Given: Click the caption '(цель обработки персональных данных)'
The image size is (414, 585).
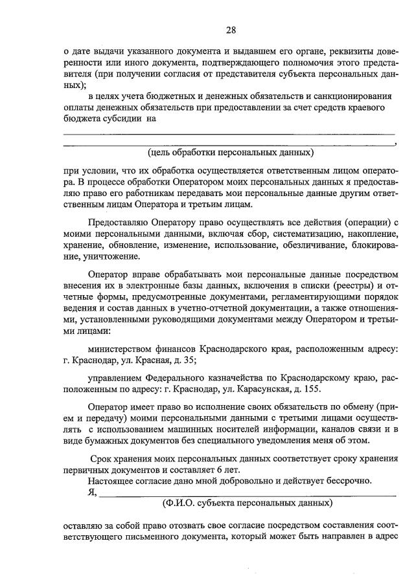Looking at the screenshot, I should click(x=231, y=153).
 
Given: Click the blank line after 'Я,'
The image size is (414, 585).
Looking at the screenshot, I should click(x=246, y=492).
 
